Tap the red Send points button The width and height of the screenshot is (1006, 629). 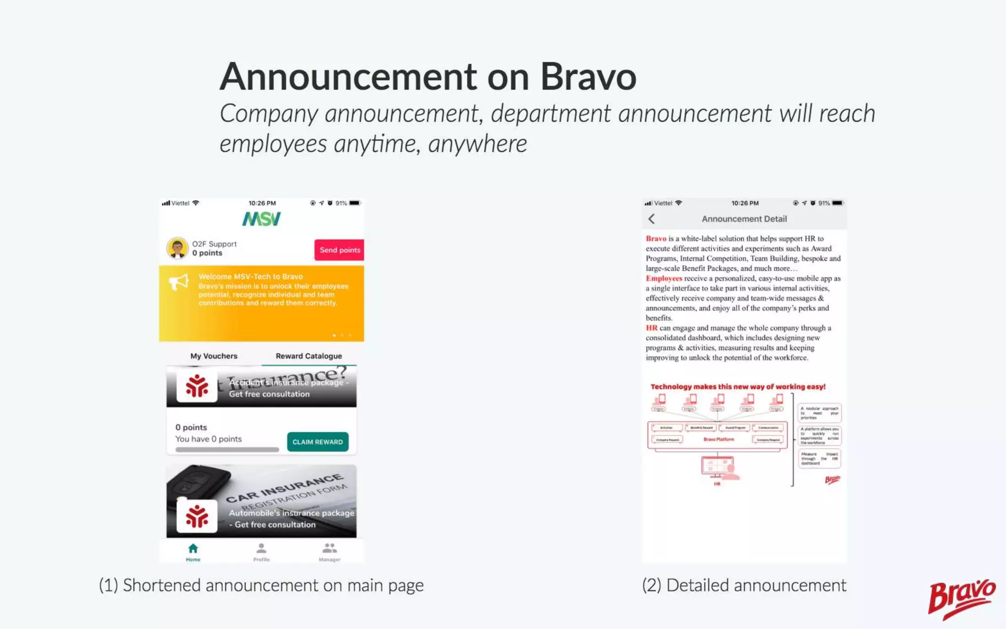coord(339,250)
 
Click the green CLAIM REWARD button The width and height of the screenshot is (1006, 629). coord(318,442)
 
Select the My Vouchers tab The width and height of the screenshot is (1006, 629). coord(214,356)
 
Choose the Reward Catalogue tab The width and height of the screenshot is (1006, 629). coord(308,356)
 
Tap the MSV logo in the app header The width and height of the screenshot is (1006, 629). coord(261,219)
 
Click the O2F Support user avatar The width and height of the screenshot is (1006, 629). coord(177,248)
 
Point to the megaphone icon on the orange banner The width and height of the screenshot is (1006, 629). coord(179,282)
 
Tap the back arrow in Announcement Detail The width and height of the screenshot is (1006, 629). coord(652,219)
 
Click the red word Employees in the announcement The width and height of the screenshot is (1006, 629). coord(664,278)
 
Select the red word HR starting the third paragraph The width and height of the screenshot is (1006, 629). coord(651,328)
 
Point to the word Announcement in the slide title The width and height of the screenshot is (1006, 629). coord(348,77)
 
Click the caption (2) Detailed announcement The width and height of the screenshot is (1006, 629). coord(744,585)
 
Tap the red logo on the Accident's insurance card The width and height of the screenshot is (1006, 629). coord(197,386)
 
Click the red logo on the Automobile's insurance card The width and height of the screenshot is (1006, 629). coord(197,516)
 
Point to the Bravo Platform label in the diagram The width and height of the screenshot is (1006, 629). coord(718,439)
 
